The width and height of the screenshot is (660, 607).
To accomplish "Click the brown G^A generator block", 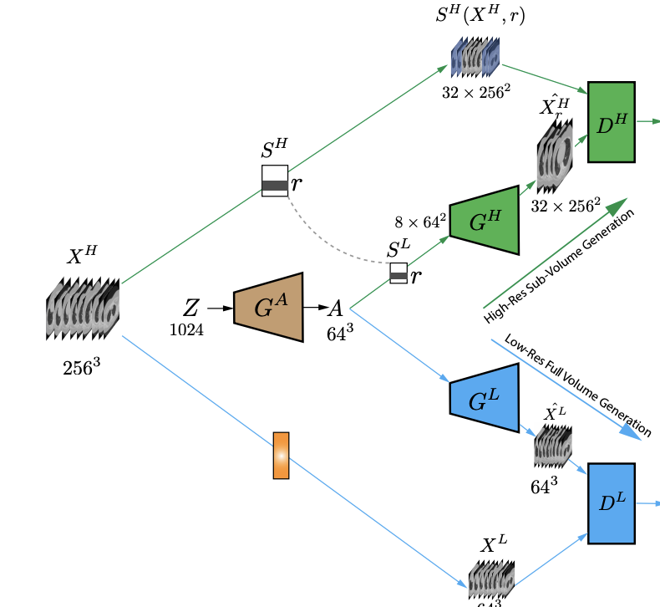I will (x=267, y=307).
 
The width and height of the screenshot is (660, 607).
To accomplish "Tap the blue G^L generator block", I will (x=484, y=399).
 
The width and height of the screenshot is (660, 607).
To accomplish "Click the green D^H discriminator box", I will (x=612, y=122).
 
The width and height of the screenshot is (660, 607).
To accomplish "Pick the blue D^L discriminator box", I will (x=612, y=503).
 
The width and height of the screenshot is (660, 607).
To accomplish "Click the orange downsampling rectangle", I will (x=281, y=456).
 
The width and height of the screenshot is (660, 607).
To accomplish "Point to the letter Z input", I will (x=191, y=308).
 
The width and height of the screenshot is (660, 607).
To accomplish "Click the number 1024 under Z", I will (x=186, y=329).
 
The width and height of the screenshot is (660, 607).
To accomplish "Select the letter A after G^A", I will (x=335, y=308).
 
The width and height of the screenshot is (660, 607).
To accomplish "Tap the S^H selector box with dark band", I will (x=275, y=181).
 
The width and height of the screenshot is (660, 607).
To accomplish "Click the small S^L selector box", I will (x=399, y=273).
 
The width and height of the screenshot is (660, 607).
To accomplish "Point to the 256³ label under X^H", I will (x=82, y=367).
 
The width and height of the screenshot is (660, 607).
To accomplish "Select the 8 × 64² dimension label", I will (x=420, y=222).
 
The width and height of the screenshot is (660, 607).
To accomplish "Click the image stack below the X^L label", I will (x=490, y=579).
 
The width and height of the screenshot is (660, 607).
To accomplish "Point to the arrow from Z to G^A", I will (x=220, y=309).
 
